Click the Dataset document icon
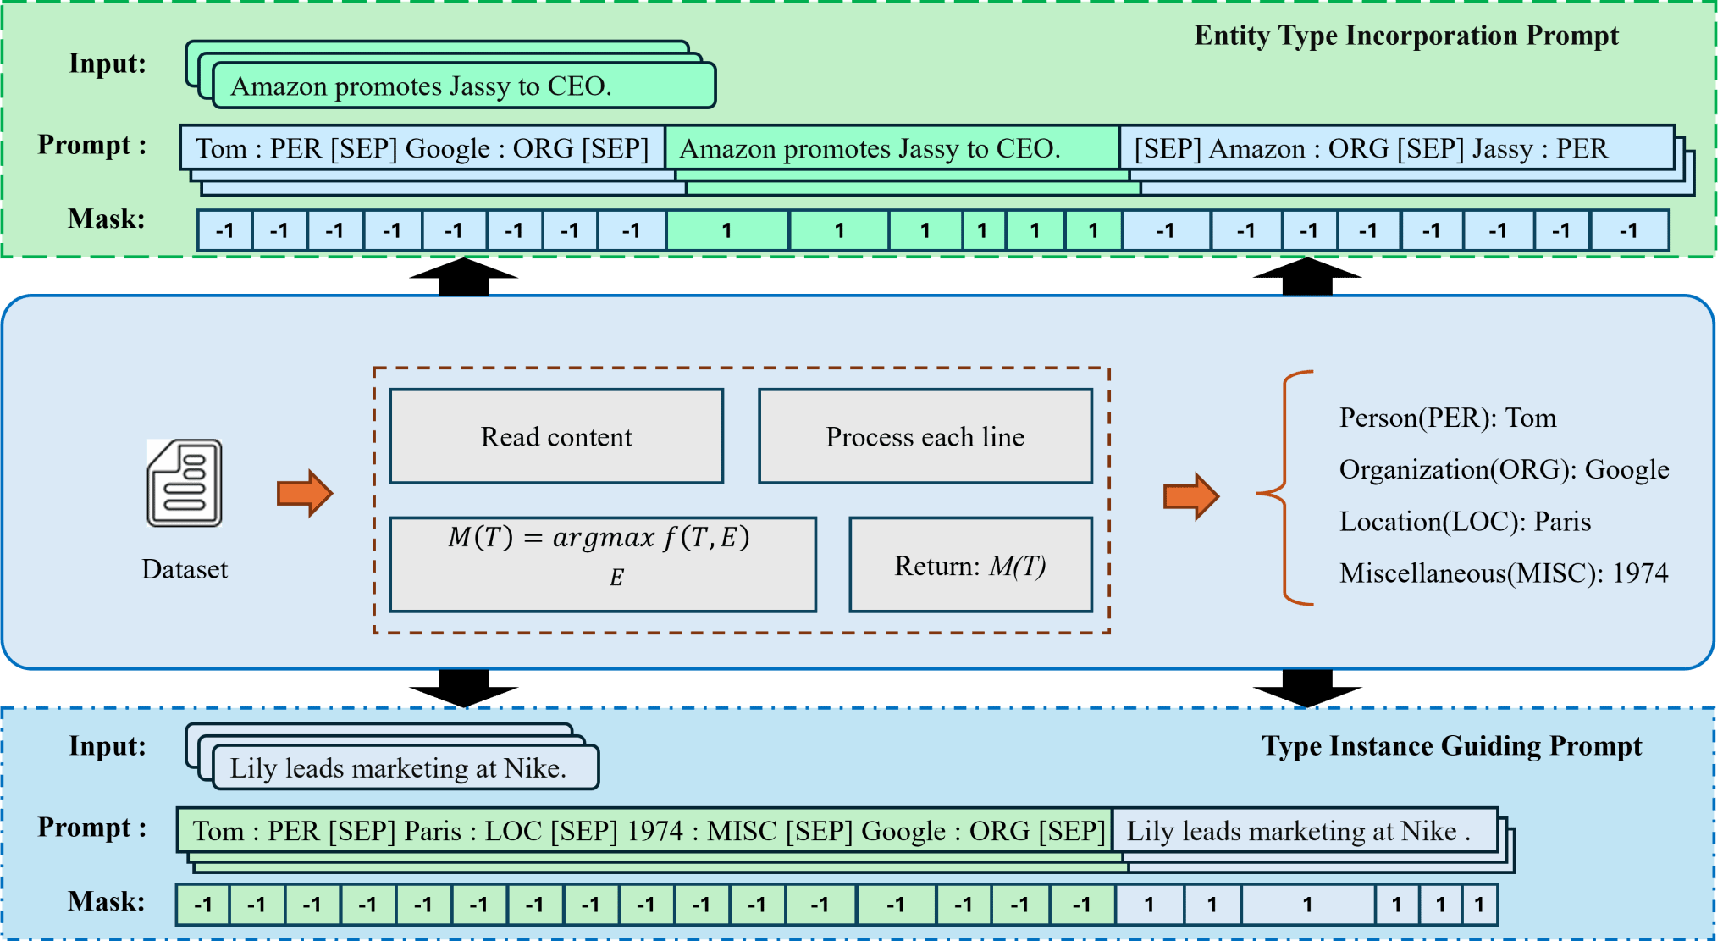pyautogui.click(x=185, y=483)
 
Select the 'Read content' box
pyautogui.click(x=556, y=436)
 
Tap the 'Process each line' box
pyautogui.click(x=925, y=436)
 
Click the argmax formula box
pyautogui.click(x=602, y=564)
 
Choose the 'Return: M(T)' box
pyautogui.click(x=970, y=565)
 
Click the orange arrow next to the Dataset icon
pyautogui.click(x=305, y=493)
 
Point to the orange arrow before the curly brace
pyautogui.click(x=1190, y=495)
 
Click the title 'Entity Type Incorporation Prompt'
pyautogui.click(x=1405, y=36)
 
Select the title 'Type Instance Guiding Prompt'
pyautogui.click(x=1451, y=745)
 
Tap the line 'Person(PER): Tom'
pyautogui.click(x=1447, y=418)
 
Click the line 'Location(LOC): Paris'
pyautogui.click(x=1465, y=521)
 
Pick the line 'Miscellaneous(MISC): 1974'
pyautogui.click(x=1503, y=573)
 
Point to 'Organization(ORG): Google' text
pyautogui.click(x=1504, y=469)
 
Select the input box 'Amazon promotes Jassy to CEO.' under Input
pyautogui.click(x=463, y=86)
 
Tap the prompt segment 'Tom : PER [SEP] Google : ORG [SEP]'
pyautogui.click(x=422, y=148)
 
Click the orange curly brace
pyautogui.click(x=1285, y=489)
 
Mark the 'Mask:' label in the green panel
pyautogui.click(x=107, y=219)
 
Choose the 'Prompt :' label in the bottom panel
pyautogui.click(x=91, y=828)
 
